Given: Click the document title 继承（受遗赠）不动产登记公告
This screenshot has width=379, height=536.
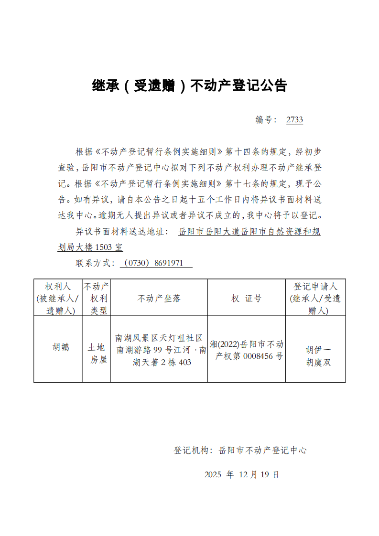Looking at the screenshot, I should (x=189, y=86).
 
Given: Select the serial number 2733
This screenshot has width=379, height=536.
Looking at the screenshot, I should (x=294, y=120).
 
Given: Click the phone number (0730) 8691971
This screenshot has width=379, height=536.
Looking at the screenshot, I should (x=156, y=263).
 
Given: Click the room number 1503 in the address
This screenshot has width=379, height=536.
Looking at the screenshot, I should (x=104, y=247).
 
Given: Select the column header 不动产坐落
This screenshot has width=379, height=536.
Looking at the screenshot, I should (x=159, y=299).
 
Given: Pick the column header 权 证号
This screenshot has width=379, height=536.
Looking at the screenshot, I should (x=247, y=299).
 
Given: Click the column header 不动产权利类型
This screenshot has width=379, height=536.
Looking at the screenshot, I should (x=96, y=299).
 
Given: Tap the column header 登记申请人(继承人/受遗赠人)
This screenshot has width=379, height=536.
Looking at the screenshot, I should (x=315, y=299).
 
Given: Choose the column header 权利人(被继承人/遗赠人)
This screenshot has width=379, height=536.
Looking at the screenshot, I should (x=58, y=299).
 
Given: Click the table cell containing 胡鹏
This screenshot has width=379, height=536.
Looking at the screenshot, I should (x=61, y=347).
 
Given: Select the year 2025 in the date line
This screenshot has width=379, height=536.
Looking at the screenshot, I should (x=213, y=475).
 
